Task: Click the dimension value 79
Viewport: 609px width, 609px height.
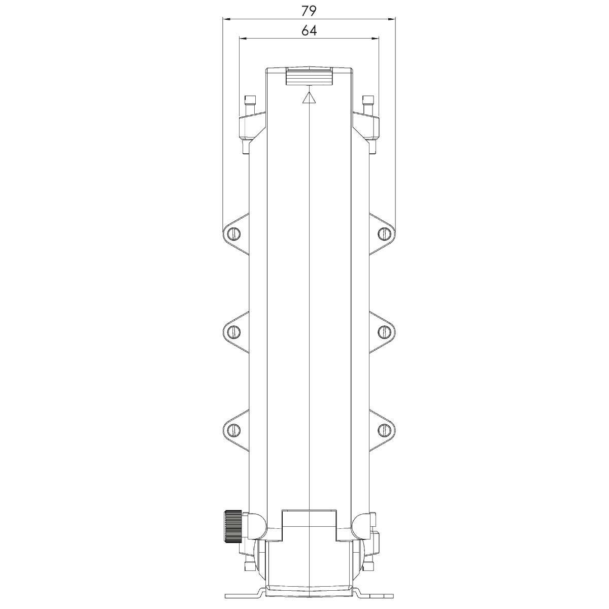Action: [309, 11]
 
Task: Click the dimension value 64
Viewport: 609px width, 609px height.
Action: [309, 30]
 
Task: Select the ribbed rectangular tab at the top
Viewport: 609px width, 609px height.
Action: [309, 76]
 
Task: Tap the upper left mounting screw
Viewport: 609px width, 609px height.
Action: [234, 233]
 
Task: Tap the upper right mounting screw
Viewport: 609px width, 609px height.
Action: [384, 233]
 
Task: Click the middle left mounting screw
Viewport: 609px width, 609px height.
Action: [234, 331]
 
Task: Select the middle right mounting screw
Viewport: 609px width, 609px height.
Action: [384, 331]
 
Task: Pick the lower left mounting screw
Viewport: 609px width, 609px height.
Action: [234, 429]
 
